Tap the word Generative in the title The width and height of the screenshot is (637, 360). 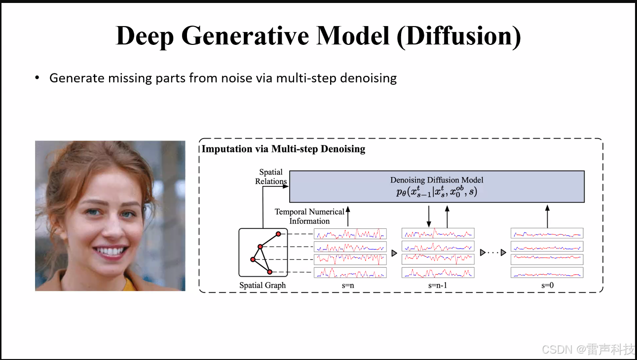[x=240, y=36]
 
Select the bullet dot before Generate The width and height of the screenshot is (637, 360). [x=37, y=78]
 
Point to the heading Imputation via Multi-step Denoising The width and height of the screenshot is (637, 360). [x=284, y=149]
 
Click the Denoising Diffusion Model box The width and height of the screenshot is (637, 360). [x=437, y=186]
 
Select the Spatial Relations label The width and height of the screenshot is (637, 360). [x=271, y=177]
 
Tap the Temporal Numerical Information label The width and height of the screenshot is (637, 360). [x=309, y=216]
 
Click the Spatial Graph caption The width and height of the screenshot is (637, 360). [x=262, y=285]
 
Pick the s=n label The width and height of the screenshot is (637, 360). [x=349, y=285]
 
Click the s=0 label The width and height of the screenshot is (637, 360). [x=547, y=285]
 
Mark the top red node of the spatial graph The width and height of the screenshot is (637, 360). [x=278, y=234]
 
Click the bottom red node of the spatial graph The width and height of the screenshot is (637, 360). [x=270, y=272]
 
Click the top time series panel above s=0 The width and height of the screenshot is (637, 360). [x=547, y=233]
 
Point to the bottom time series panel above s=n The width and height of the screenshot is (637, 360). [x=350, y=272]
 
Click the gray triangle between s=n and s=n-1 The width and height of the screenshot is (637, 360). [x=394, y=253]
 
